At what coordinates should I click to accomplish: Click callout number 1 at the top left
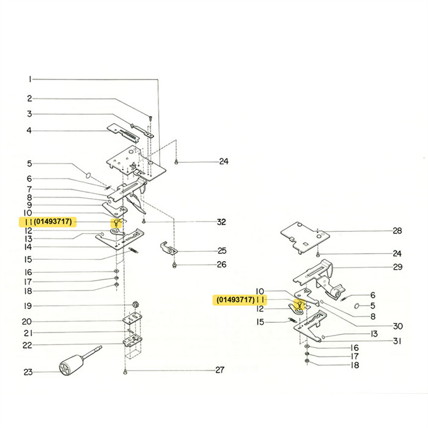pos(28,79)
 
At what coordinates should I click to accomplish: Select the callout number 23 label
pos(28,372)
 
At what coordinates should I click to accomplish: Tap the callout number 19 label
pos(28,306)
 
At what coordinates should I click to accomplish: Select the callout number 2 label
pos(28,98)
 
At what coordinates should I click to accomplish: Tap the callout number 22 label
pos(28,345)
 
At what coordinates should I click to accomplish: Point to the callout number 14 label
pos(28,247)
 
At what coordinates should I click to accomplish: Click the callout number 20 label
pos(28,322)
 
